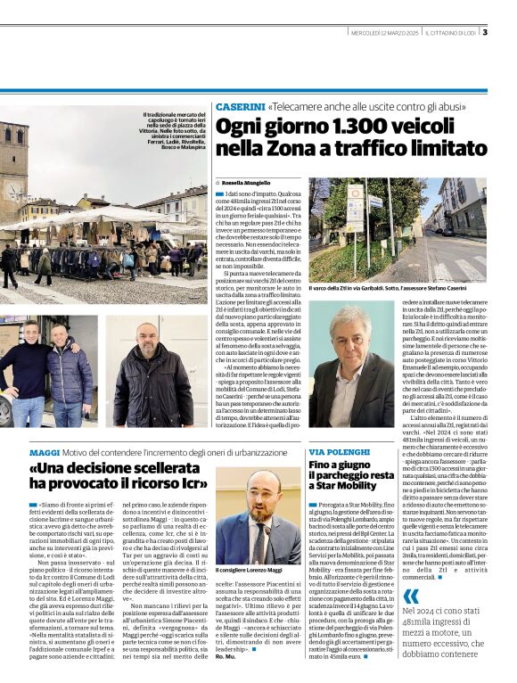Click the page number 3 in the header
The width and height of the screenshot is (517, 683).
coord(485,33)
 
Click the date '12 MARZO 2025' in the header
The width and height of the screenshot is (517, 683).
coord(392,34)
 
